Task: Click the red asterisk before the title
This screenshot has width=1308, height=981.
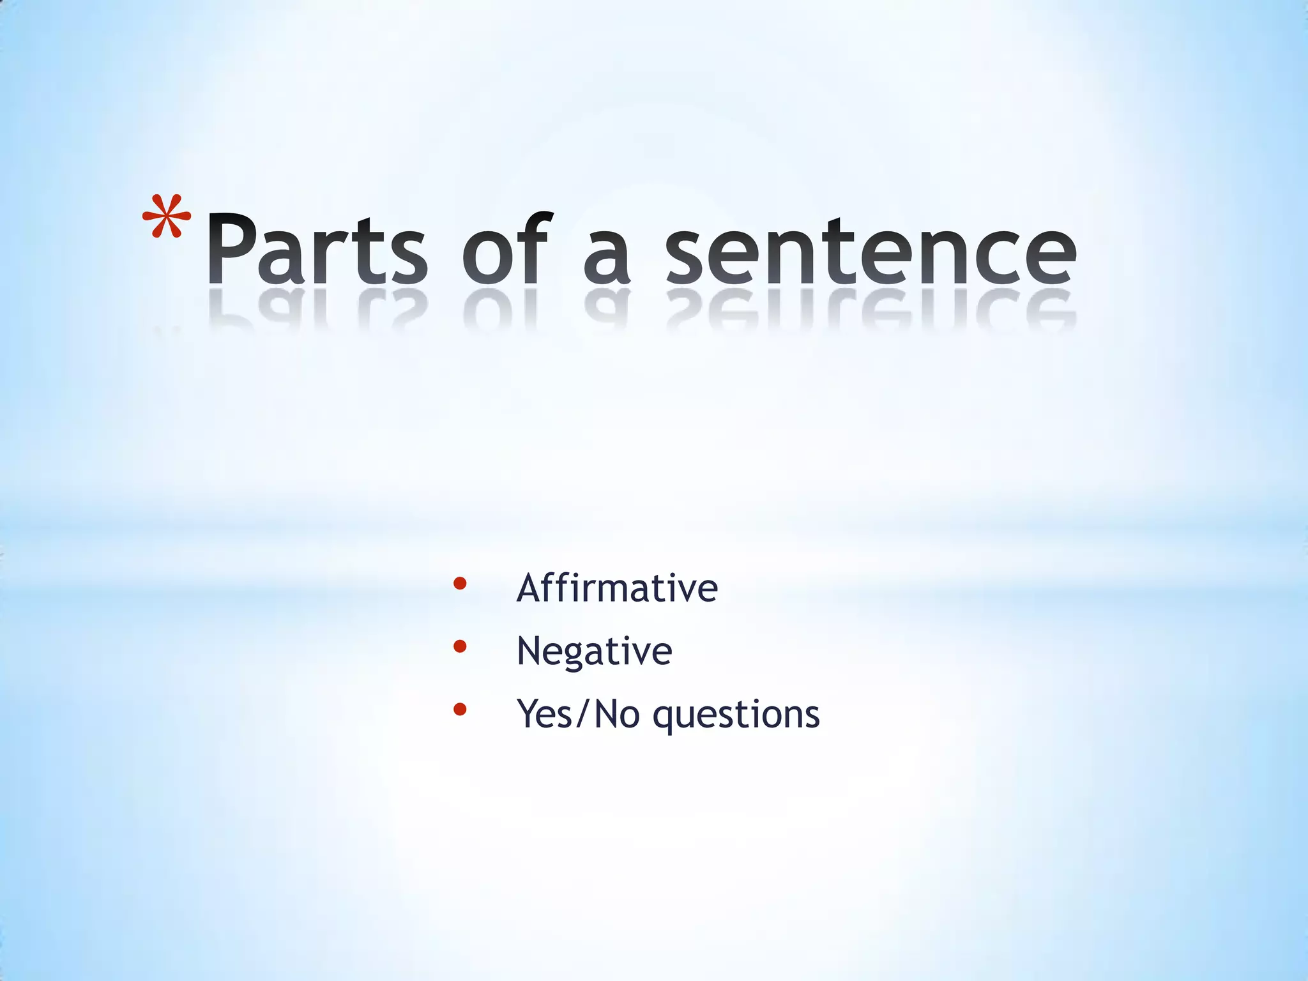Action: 167,217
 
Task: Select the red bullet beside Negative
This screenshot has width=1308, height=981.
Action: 459,646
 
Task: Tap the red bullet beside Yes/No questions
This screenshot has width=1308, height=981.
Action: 459,709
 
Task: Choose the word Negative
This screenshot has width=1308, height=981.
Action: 594,651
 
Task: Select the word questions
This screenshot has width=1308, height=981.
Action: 736,715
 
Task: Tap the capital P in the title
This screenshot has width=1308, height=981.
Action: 231,248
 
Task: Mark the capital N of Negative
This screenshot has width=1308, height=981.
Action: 529,651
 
